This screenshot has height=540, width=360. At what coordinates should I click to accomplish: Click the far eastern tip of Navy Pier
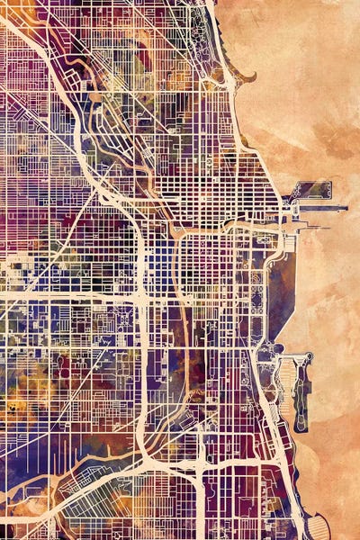[x=345, y=208]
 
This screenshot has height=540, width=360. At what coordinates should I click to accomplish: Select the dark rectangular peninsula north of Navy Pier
[x=313, y=191]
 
